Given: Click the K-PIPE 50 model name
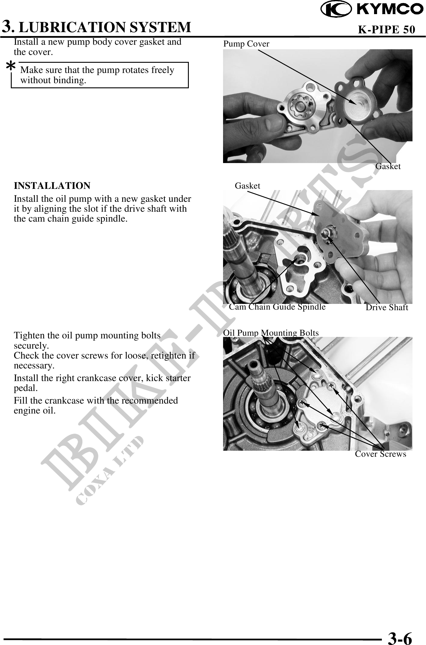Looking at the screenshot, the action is tap(387, 29).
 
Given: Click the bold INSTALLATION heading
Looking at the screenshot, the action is tap(52, 186).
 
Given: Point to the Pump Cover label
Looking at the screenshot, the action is tap(246, 44).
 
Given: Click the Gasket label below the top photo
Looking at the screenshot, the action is tap(388, 166).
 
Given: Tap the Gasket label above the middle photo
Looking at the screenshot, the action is tap(247, 186).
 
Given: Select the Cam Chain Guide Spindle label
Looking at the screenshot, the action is tap(277, 307).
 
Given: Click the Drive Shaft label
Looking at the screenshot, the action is tap(387, 307).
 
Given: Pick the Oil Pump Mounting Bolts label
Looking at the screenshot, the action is tap(271, 333).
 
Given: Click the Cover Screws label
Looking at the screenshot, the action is tap(380, 454).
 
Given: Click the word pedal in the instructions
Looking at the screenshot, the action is tap(26, 388).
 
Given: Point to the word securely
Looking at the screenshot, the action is tap(32, 346).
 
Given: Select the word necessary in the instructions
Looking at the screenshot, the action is tap(34, 366).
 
